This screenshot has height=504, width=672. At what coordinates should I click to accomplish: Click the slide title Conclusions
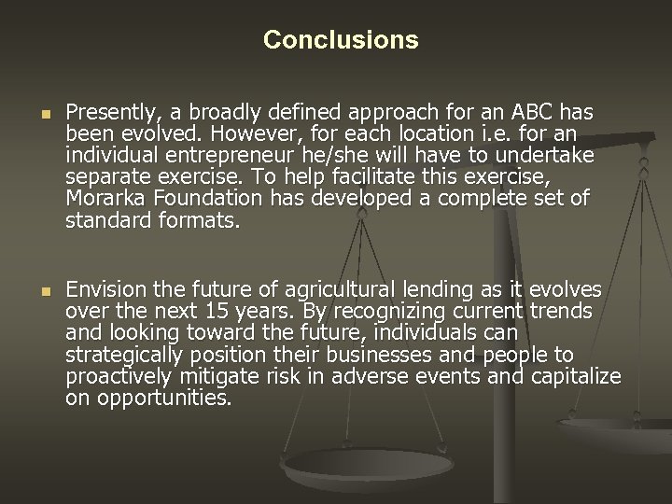point(341,40)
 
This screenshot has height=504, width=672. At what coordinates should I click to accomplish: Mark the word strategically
point(126,356)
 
